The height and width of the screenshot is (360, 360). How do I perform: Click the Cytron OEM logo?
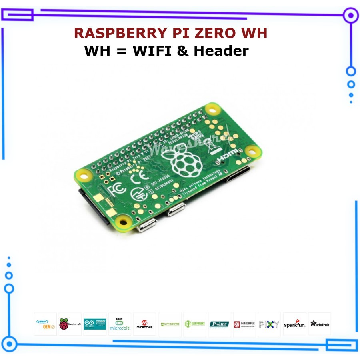[45, 324]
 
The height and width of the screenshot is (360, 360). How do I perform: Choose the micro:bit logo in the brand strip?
[120, 324]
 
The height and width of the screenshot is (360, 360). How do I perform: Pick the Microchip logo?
[144, 324]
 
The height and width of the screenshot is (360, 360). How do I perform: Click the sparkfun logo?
[295, 324]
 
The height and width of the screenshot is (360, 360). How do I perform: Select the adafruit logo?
[319, 324]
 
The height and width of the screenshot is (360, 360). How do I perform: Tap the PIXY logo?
[269, 324]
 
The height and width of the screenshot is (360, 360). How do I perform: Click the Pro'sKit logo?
[220, 324]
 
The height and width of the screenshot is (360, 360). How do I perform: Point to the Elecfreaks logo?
[194, 324]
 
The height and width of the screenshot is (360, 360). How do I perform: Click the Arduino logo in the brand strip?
[95, 324]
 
